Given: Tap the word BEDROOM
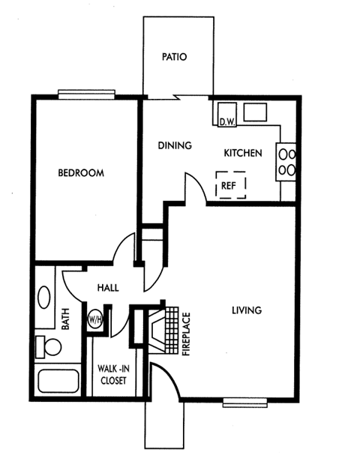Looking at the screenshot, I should pyautogui.click(x=81, y=173).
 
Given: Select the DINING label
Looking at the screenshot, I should pyautogui.click(x=175, y=145).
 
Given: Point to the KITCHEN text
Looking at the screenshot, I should pyautogui.click(x=243, y=154).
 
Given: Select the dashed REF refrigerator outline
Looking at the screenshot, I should pyautogui.click(x=230, y=184).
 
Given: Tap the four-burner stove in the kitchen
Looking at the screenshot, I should pyautogui.click(x=286, y=160).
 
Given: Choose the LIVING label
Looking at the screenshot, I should pyautogui.click(x=245, y=310).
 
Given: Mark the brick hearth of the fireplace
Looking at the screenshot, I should pyautogui.click(x=172, y=329).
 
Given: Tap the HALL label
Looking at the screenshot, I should pyautogui.click(x=109, y=287).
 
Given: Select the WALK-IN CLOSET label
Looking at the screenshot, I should pyautogui.click(x=112, y=374).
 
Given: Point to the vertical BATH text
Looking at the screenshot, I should pyautogui.click(x=65, y=322).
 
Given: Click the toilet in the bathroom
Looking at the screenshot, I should pyautogui.click(x=50, y=346).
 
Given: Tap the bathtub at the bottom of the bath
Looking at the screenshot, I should pyautogui.click(x=59, y=382).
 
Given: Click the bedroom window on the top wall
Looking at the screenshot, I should pyautogui.click(x=86, y=94).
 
